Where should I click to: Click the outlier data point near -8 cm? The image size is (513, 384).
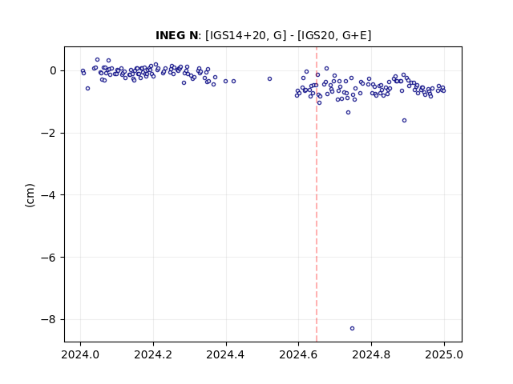[x=352, y=328]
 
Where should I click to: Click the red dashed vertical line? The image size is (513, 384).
[x=317, y=194]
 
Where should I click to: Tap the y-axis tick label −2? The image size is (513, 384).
[x=48, y=133]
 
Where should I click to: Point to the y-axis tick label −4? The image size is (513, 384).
[x=48, y=195]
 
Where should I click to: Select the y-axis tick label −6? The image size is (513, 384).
[x=48, y=258]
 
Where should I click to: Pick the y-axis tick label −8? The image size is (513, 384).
[x=48, y=319]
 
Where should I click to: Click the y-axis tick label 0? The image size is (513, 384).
[x=53, y=70]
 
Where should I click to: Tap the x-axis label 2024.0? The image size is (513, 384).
[x=80, y=354]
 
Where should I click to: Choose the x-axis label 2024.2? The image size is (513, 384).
[x=153, y=354]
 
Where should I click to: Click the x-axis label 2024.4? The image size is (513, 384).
[x=226, y=354]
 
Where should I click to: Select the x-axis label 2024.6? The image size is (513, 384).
[x=298, y=354]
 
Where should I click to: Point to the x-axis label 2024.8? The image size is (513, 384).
[x=371, y=354]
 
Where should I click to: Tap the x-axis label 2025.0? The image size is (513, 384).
[x=444, y=354]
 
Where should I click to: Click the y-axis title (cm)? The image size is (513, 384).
[x=30, y=195]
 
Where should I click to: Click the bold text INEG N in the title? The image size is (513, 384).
[x=176, y=35]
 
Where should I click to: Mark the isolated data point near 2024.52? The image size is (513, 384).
[x=269, y=78]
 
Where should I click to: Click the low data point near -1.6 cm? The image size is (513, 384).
[x=404, y=121]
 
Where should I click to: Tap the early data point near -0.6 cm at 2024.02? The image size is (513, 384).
[x=87, y=89]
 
